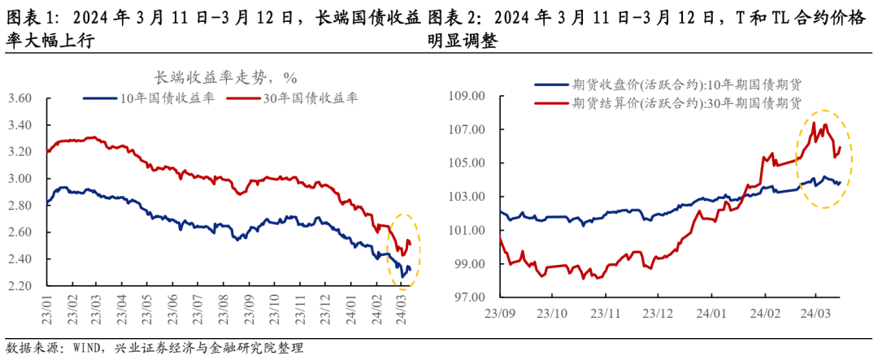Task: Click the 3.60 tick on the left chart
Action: [19, 98]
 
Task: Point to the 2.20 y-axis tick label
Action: [19, 286]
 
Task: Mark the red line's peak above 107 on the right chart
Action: [812, 123]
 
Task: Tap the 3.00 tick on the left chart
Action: [19, 179]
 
